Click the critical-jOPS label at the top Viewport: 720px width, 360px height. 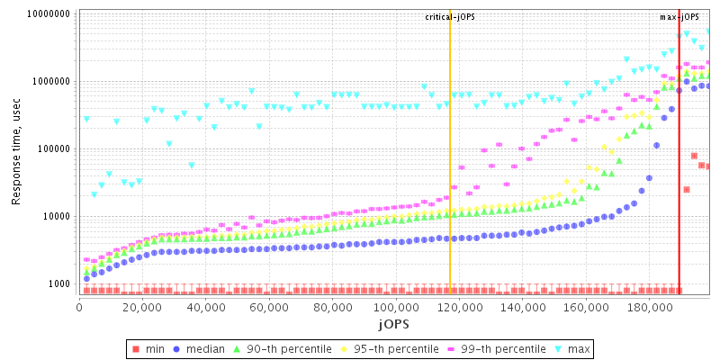pos(450,17)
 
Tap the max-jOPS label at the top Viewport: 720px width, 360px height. pos(679,17)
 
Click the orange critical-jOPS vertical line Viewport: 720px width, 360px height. pos(450,180)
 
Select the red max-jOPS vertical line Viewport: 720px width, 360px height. pos(679,180)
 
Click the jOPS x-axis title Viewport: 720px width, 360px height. pos(393,323)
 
